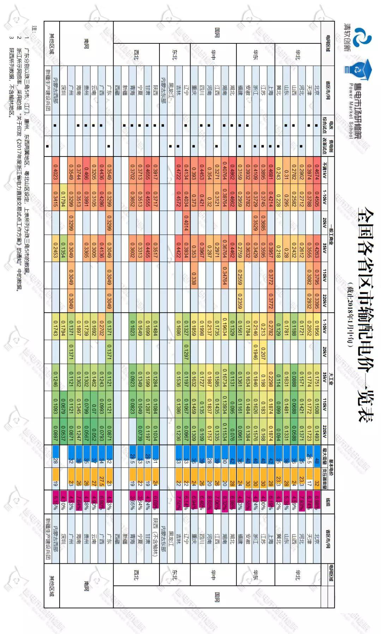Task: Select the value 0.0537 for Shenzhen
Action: tap(63, 431)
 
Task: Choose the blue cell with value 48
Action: tap(317, 461)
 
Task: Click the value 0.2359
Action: tap(240, 301)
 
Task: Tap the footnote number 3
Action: tap(11, 37)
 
